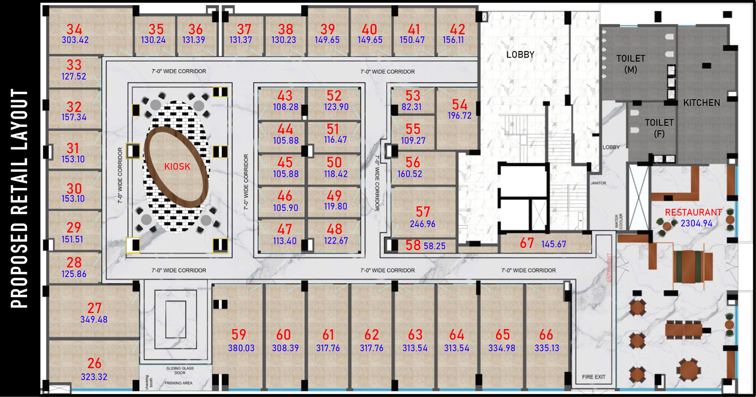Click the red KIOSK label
coord(177,167)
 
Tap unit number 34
coord(74,29)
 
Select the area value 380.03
coord(241,348)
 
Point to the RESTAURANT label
coord(693,213)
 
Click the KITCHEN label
coord(702,103)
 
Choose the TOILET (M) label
coord(631,64)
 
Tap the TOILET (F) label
coord(659,128)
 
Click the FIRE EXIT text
coord(593,377)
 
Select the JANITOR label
coord(598,183)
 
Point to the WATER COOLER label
coord(618,221)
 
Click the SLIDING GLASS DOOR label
coord(180,370)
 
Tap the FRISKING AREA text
coord(178,383)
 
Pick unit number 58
coord(413,246)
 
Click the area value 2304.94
coord(696,223)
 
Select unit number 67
coord(527,243)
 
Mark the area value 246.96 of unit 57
coord(423,224)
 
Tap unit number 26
coord(94,364)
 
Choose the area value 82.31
coord(412,107)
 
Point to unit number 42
coord(457,29)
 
